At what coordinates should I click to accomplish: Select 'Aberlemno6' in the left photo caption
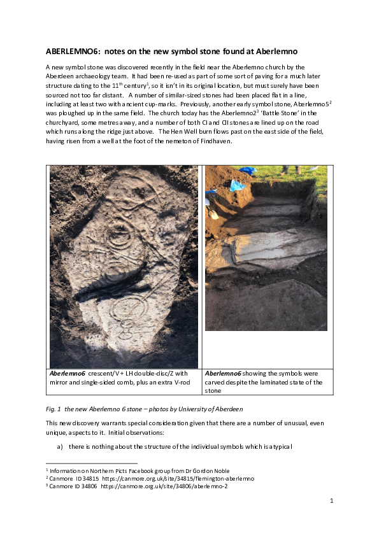pyautogui.click(x=69, y=373)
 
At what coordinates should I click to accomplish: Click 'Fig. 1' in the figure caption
pyautogui.click(x=55, y=407)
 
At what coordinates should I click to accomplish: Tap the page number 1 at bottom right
pyautogui.click(x=332, y=501)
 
